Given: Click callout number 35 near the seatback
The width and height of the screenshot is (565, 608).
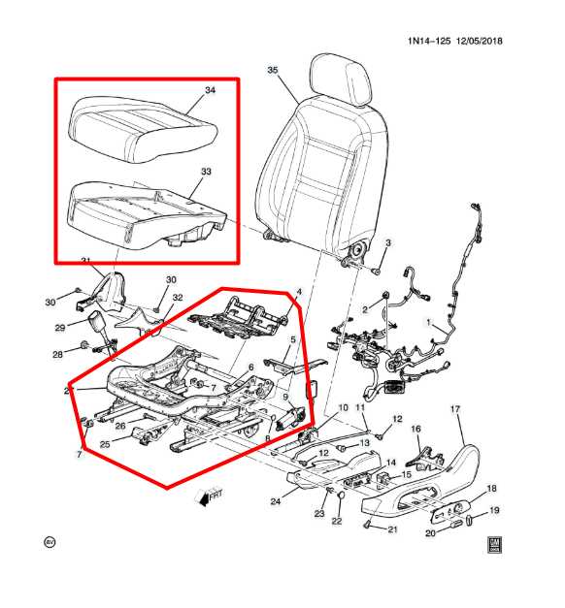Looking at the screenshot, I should [x=272, y=71].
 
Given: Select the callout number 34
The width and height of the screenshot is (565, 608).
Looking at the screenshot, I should [x=209, y=90].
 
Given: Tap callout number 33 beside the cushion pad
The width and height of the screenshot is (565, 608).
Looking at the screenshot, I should [x=205, y=171].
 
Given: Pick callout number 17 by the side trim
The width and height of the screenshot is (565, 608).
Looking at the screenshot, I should [x=453, y=409].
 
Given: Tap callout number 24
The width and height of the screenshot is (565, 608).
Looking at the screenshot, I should [x=276, y=501].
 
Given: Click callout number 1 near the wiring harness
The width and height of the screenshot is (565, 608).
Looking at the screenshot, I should [x=429, y=322].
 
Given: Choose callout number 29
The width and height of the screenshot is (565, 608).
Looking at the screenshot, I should [x=59, y=328].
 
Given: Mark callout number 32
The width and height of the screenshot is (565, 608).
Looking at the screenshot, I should [x=178, y=297].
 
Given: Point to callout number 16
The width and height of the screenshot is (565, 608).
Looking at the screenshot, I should [x=415, y=429].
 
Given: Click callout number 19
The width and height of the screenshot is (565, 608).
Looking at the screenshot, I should [x=493, y=510].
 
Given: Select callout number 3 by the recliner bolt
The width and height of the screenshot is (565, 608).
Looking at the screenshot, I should [x=387, y=242].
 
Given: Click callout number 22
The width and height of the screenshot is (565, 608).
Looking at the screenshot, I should [x=337, y=522].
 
